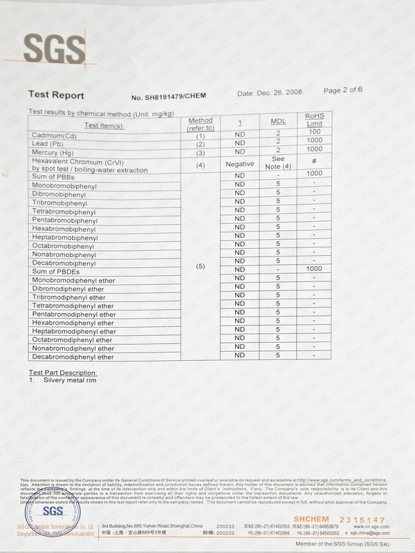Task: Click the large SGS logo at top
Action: click(55, 48)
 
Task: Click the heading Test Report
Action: click(56, 95)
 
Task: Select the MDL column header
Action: click(277, 122)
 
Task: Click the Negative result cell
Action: click(240, 165)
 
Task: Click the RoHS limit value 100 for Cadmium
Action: click(315, 131)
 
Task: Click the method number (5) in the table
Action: click(201, 265)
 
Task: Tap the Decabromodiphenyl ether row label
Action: click(73, 357)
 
